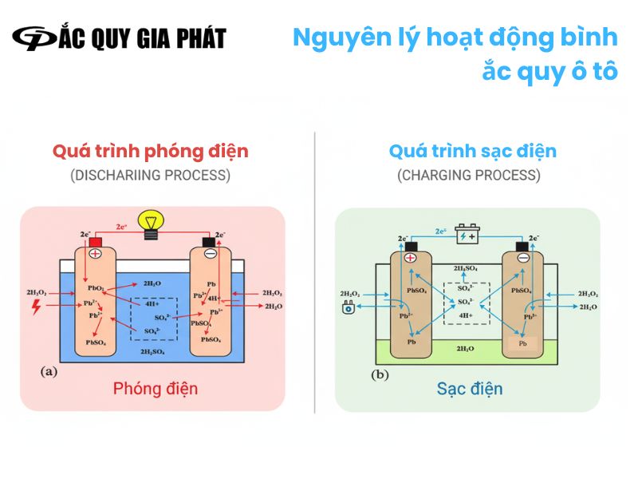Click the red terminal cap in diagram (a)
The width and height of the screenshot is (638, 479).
[x=97, y=241]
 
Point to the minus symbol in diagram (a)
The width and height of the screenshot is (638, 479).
[x=210, y=253]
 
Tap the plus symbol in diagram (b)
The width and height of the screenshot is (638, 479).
[x=411, y=258]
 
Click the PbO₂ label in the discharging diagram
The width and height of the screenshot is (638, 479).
[x=96, y=287]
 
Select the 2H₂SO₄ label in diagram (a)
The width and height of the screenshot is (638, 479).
[x=153, y=351]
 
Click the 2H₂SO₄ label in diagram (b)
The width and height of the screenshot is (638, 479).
[x=466, y=269]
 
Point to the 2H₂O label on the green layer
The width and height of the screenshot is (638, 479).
[x=466, y=349]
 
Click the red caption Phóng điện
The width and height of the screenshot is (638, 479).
[x=155, y=389]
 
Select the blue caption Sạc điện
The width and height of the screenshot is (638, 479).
[x=470, y=389]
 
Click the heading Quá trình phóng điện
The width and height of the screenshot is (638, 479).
[x=151, y=151]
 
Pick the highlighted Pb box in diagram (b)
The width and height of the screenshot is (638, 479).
[x=523, y=343]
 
